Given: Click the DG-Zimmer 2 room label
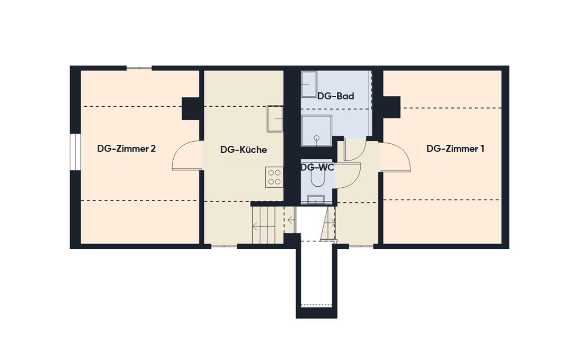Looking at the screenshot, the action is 127,149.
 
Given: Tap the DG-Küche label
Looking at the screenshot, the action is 244,150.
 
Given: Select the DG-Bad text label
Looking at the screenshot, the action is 335,96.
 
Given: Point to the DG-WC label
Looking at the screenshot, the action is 317,167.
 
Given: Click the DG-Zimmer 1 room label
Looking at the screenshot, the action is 455,149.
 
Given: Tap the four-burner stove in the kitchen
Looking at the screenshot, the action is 274,177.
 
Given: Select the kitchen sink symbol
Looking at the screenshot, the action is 275,119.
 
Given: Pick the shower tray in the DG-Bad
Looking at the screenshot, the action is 317,131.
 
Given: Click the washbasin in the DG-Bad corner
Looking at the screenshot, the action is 309,84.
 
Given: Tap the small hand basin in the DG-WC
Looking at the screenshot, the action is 316,199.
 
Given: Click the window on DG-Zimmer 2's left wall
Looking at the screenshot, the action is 75,152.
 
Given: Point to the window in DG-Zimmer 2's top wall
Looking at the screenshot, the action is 139,68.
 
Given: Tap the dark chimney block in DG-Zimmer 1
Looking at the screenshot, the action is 391,107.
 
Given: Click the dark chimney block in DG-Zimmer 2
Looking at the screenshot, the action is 191,109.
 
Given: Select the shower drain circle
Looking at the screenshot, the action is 317,138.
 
